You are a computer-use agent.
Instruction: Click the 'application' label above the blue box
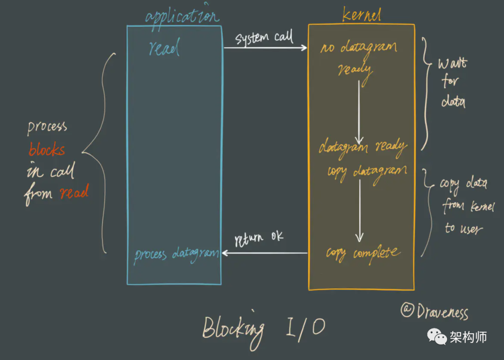click(x=182, y=17)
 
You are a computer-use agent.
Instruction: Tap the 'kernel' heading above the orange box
click(x=361, y=15)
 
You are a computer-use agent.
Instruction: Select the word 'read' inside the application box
click(x=164, y=48)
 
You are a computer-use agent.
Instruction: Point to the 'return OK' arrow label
click(x=259, y=238)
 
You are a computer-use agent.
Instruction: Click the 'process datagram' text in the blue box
click(x=176, y=254)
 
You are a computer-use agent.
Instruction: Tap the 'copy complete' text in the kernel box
click(x=363, y=254)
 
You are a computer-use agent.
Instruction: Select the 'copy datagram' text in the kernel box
click(x=367, y=171)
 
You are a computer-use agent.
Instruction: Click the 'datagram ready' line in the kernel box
click(x=363, y=148)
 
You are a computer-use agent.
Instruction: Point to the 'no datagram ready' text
click(x=358, y=58)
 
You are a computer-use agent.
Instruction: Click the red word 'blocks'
click(x=47, y=150)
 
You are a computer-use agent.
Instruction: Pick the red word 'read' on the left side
click(x=74, y=192)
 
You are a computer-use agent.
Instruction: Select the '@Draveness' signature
click(x=434, y=311)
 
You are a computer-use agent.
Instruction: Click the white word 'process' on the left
click(x=47, y=127)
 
